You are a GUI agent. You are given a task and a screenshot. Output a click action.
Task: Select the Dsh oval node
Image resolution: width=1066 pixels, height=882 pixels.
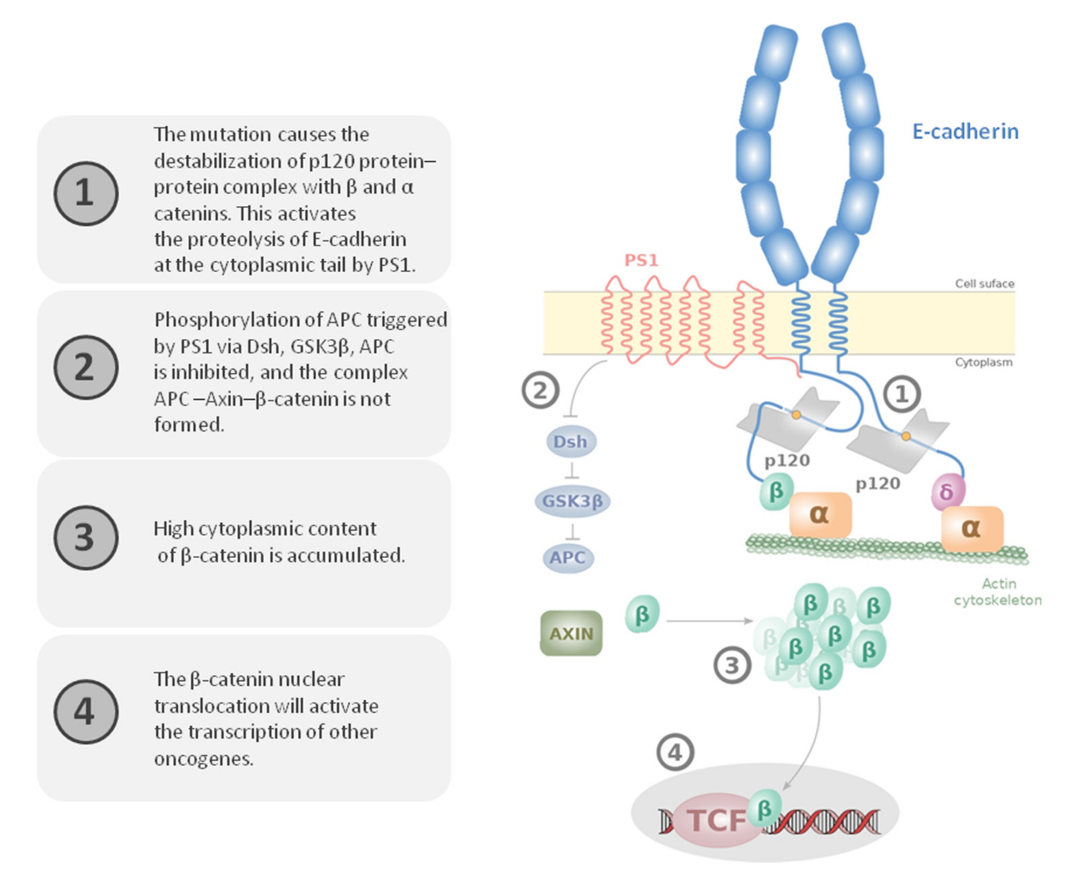click(571, 442)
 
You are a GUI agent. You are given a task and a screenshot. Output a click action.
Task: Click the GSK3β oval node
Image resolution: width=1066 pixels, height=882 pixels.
click(572, 501)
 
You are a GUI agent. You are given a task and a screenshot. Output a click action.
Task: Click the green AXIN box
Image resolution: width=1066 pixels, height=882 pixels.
click(571, 633)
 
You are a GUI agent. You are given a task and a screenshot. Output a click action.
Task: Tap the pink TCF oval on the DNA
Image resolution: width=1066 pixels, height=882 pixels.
click(716, 820)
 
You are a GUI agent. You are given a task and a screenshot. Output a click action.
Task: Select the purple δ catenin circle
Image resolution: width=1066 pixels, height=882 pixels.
click(948, 491)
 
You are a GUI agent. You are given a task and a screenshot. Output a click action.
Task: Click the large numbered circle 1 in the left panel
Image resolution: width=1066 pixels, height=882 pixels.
click(86, 193)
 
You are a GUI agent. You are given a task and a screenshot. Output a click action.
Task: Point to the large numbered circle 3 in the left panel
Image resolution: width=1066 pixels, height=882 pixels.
click(86, 537)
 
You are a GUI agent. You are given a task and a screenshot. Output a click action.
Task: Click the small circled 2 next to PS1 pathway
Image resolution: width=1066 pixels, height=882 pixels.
click(540, 390)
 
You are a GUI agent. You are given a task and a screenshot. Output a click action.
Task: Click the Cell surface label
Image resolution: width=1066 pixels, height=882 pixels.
click(984, 284)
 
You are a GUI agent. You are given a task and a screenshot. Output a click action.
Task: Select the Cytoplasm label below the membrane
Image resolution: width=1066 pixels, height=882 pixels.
click(983, 362)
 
